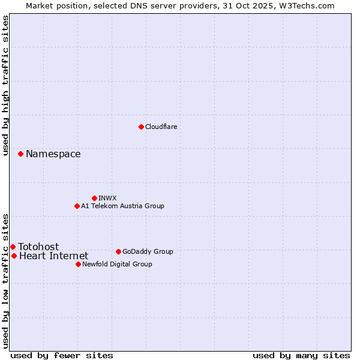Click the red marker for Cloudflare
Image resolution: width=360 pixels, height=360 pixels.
[x=141, y=127]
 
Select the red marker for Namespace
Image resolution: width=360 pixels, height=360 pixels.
[x=20, y=154]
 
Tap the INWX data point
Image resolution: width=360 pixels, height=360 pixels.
[x=94, y=198]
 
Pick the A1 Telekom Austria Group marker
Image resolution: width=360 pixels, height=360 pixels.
[x=77, y=206]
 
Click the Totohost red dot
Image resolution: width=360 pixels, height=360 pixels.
[x=13, y=247]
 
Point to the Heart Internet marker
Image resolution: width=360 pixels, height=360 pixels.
[x=14, y=256]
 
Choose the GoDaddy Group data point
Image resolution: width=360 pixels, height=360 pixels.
[x=118, y=251]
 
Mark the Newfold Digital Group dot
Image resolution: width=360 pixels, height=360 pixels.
[x=78, y=264]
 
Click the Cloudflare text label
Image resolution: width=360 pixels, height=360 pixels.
[x=161, y=127]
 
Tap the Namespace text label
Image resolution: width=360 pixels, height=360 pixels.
[x=53, y=154]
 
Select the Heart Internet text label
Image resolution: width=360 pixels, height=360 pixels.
[x=54, y=256]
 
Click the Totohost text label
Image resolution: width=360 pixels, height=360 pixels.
[x=39, y=247]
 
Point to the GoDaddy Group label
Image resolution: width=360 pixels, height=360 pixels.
[x=148, y=251]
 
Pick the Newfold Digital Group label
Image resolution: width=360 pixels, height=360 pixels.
[x=118, y=264]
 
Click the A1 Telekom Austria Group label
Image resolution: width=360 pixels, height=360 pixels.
[x=122, y=206]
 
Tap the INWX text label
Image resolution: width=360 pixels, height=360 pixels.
[x=108, y=198]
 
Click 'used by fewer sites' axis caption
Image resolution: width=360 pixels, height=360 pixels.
[x=62, y=355]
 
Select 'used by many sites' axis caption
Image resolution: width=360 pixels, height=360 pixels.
[x=301, y=355]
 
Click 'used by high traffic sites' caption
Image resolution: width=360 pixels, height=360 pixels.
[x=6, y=85]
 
